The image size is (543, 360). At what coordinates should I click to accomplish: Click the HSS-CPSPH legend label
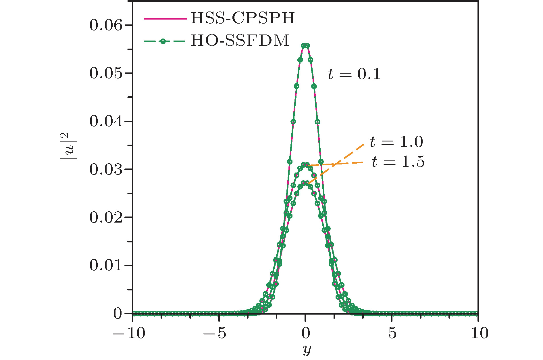[243, 18]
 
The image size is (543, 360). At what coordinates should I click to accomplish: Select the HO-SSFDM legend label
[240, 41]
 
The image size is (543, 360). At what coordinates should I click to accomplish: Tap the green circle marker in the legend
[163, 41]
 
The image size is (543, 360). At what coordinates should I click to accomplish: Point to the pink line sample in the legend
[165, 19]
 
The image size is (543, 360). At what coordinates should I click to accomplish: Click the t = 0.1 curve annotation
[354, 74]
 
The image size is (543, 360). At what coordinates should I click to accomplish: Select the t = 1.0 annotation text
[396, 142]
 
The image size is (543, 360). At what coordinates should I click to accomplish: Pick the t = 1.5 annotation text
[398, 162]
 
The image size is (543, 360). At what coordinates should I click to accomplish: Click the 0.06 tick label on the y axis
[106, 25]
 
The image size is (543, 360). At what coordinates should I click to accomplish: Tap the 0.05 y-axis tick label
[106, 73]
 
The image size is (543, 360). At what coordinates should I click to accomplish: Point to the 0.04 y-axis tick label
[106, 121]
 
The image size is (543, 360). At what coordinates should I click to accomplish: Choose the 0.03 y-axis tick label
[106, 169]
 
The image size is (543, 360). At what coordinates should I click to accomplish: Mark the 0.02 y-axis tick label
[106, 217]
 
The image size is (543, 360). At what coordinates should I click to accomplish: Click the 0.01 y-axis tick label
[106, 265]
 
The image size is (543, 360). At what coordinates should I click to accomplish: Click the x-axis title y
[307, 350]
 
